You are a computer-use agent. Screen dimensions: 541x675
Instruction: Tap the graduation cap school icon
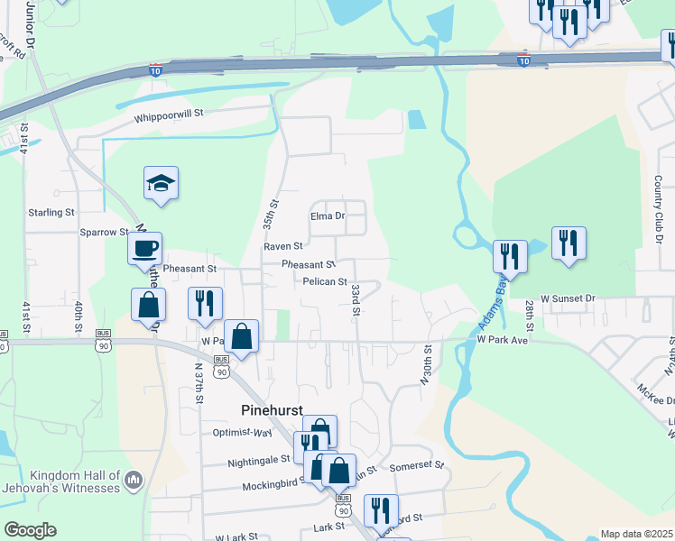(x=162, y=183)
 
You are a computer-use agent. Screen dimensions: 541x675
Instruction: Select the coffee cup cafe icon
(x=144, y=248)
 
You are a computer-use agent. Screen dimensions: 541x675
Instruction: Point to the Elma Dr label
(x=328, y=216)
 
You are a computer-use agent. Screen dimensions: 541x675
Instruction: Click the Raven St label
(x=282, y=245)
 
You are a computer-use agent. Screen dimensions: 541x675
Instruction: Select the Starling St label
(x=51, y=213)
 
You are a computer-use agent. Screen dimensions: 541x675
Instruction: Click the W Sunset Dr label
(x=569, y=298)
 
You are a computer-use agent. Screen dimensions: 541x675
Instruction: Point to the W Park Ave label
(x=501, y=340)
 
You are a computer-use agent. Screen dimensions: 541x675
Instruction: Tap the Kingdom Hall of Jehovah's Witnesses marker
(x=135, y=479)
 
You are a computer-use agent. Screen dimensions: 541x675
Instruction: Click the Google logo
(x=30, y=530)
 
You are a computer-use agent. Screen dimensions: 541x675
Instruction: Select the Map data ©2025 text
(x=635, y=534)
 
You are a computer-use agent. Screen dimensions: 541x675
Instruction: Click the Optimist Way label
(x=243, y=434)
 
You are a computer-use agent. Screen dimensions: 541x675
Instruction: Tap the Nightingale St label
(x=259, y=458)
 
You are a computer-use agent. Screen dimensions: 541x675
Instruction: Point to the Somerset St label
(x=417, y=467)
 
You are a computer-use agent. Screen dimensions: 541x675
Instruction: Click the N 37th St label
(x=199, y=383)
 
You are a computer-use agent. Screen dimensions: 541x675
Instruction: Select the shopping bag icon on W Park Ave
(x=242, y=337)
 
